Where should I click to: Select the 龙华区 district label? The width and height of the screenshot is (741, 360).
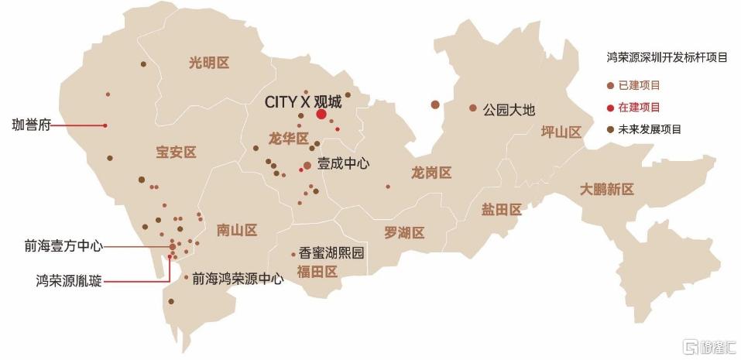pyautogui.click(x=289, y=139)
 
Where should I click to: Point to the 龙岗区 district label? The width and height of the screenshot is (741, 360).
pyautogui.click(x=431, y=173)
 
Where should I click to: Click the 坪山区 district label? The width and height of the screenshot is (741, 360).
pyautogui.click(x=561, y=132)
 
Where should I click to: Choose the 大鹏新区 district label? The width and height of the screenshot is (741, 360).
pyautogui.click(x=607, y=190)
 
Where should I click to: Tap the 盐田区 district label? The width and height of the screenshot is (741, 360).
pyautogui.click(x=501, y=210)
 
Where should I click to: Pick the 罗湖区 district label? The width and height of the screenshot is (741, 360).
pyautogui.click(x=404, y=232)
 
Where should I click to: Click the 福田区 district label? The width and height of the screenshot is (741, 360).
pyautogui.click(x=317, y=271)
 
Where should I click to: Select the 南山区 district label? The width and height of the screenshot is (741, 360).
pyautogui.click(x=236, y=230)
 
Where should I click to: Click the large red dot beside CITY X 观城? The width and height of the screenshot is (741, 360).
pyautogui.click(x=321, y=115)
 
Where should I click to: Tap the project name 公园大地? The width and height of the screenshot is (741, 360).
pyautogui.click(x=509, y=109)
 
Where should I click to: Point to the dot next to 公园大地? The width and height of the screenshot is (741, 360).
pyautogui.click(x=473, y=108)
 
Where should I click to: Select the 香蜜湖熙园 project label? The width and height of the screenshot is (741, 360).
pyautogui.click(x=331, y=253)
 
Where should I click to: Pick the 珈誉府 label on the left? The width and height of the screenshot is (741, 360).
pyautogui.click(x=32, y=125)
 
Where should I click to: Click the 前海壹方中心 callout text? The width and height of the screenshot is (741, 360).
pyautogui.click(x=63, y=246)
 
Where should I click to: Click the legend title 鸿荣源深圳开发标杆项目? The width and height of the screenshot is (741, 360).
pyautogui.click(x=667, y=57)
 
